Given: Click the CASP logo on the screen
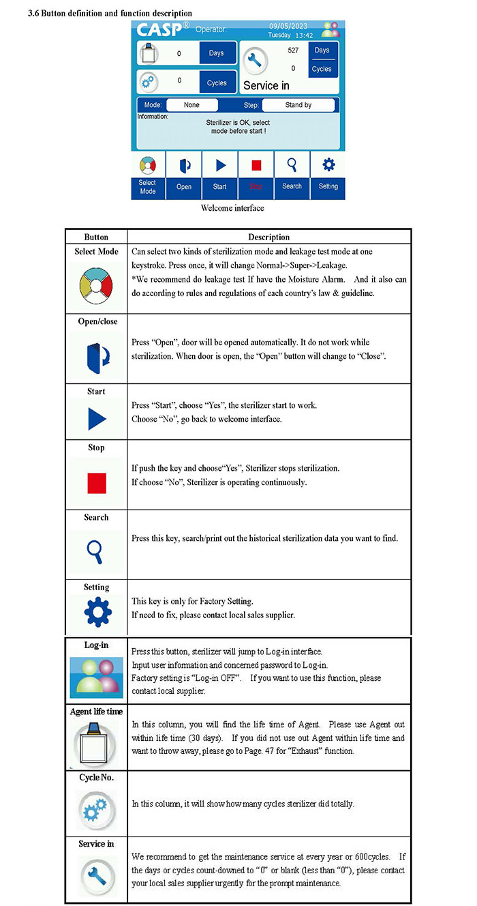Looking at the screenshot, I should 162,30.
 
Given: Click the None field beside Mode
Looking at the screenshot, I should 191,105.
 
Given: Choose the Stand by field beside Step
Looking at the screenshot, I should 298,105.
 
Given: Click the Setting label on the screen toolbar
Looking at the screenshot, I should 328,186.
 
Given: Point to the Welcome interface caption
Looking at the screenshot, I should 232,208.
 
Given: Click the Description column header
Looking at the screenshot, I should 268,237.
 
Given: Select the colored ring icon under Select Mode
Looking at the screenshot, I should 96,283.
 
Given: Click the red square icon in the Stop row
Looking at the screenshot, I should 96,483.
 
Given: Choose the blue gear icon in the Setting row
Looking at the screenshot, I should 96,612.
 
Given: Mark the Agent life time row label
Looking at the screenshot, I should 96,712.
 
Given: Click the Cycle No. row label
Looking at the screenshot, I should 96,778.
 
